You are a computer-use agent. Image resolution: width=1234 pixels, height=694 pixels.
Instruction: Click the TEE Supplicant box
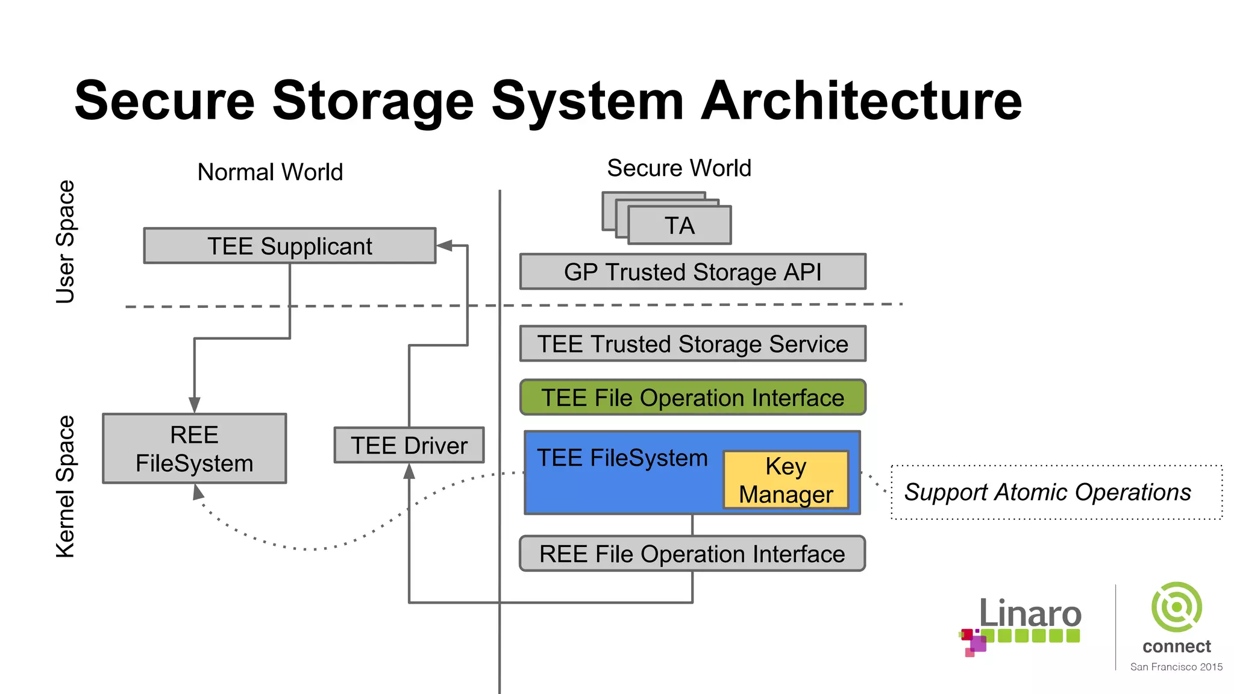click(x=289, y=246)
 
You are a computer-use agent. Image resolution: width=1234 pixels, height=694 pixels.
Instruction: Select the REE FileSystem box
click(x=194, y=449)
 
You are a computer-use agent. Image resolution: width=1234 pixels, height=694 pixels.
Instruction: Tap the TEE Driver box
click(x=409, y=446)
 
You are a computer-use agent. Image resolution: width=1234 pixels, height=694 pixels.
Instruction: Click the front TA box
click(x=680, y=226)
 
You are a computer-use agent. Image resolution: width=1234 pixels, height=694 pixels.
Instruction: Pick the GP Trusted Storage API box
click(x=692, y=272)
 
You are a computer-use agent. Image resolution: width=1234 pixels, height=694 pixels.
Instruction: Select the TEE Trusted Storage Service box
click(x=692, y=344)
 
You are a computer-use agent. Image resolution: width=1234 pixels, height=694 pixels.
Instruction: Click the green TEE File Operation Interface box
click(x=692, y=398)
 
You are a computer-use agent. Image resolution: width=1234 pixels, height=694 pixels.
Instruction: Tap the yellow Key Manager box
click(x=786, y=480)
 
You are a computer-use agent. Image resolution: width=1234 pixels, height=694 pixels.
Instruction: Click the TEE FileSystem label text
click(x=622, y=458)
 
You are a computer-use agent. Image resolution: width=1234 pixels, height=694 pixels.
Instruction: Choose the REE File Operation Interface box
click(x=692, y=554)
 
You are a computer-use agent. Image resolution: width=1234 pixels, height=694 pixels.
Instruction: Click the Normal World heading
click(x=270, y=172)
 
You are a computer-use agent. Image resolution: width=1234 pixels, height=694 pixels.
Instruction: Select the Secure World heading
click(x=679, y=168)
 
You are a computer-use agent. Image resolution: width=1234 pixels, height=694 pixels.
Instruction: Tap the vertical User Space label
click(x=65, y=242)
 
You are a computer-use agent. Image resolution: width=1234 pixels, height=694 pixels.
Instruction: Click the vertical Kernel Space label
click(x=65, y=487)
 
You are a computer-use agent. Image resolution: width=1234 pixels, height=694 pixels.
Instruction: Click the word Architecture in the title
click(x=861, y=101)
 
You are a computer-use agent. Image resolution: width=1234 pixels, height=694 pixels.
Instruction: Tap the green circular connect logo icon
click(x=1176, y=607)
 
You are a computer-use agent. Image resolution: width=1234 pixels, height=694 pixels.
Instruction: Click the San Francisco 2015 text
click(x=1176, y=667)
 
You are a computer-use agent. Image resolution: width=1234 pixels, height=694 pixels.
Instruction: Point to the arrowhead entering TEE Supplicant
click(x=445, y=246)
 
